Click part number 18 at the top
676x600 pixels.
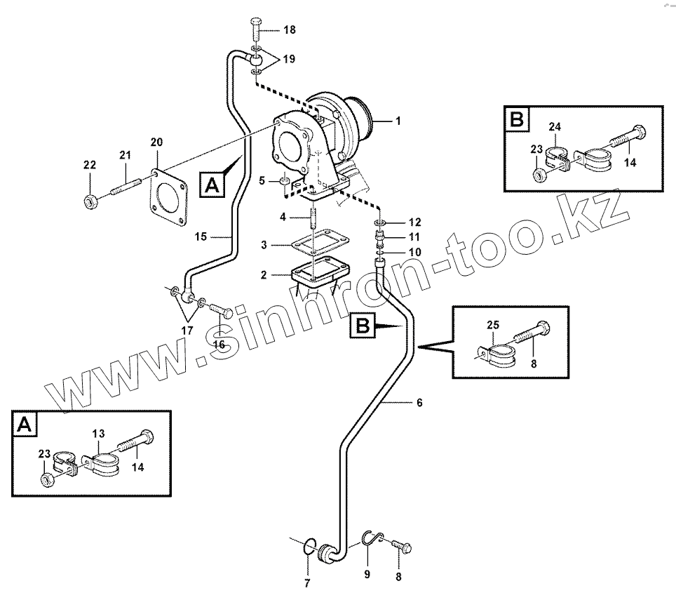[x=290, y=30]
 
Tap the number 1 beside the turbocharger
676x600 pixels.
[x=398, y=121]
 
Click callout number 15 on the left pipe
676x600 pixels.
[x=200, y=237]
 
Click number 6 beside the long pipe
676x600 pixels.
[x=419, y=403]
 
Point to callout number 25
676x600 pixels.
[x=493, y=325]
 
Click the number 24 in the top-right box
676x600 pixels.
[x=555, y=127]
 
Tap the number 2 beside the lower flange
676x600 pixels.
[x=263, y=275]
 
